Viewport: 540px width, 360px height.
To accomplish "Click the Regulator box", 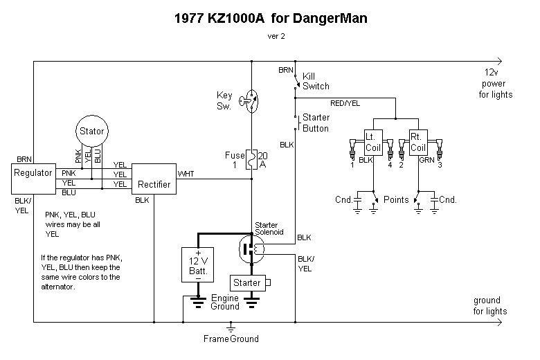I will coord(33,179).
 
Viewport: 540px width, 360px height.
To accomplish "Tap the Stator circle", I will coord(91,131).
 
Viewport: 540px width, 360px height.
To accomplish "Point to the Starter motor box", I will coord(247,283).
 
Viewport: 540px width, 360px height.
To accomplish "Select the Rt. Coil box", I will coord(418,142).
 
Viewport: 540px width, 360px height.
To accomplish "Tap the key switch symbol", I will coord(250,100).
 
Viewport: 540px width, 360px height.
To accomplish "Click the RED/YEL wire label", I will coord(345,102).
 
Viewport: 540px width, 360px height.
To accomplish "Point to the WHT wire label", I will coord(186,173).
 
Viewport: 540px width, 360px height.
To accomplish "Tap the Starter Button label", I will coord(316,123).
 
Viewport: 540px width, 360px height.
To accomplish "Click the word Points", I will coord(396,199).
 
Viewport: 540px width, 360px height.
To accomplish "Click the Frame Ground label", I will coord(231,339).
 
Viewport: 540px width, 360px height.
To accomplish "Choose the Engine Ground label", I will coord(225,302).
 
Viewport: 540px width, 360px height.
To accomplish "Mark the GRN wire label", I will coord(426,160).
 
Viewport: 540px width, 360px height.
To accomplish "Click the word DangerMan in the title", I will coord(326,19).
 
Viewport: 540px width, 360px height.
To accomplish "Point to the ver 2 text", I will coord(276,36).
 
